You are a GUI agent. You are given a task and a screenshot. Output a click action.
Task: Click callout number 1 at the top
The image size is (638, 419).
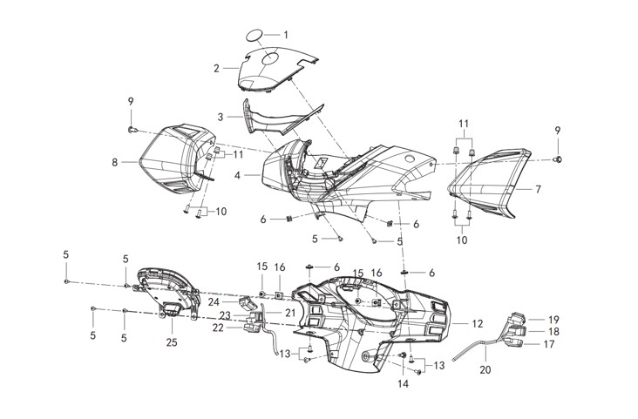(x=286, y=35)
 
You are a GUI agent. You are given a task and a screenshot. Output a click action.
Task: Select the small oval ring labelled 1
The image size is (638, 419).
(x=255, y=36)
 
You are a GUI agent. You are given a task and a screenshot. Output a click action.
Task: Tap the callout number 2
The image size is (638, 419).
(x=216, y=68)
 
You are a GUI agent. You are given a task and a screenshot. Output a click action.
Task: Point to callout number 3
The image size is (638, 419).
(x=221, y=117)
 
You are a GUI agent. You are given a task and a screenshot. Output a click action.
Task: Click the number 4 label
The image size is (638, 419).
(x=237, y=176)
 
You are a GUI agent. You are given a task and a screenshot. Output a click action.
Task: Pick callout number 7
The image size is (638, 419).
(x=538, y=189)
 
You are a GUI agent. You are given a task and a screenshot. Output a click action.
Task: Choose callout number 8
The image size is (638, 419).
(x=115, y=162)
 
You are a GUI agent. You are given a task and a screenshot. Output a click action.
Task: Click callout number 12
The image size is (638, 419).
(x=478, y=324)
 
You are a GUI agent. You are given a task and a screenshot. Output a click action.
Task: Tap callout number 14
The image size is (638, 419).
(x=403, y=383)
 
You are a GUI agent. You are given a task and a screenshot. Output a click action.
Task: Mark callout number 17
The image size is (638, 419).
(x=549, y=344)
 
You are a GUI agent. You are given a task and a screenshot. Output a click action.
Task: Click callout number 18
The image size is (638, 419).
(x=553, y=332)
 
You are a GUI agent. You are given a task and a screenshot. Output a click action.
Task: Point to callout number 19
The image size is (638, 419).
(x=553, y=320)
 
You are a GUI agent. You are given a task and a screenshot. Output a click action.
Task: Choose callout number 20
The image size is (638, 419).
(x=485, y=369)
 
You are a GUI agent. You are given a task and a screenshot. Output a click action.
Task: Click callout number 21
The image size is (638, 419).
(x=290, y=313)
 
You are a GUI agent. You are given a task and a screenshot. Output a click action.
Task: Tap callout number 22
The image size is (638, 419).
(x=218, y=328)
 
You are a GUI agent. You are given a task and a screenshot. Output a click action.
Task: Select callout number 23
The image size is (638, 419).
(x=225, y=315)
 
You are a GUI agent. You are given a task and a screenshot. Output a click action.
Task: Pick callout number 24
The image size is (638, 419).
(x=214, y=302)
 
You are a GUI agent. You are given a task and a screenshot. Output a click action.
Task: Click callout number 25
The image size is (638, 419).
(x=172, y=342)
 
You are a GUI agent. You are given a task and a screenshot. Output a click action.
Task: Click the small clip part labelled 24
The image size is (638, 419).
(x=247, y=302)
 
